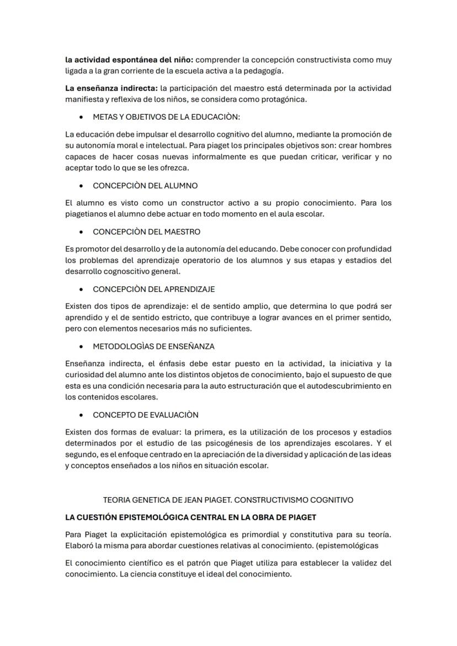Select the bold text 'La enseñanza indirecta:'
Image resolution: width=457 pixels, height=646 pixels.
[x=111, y=88]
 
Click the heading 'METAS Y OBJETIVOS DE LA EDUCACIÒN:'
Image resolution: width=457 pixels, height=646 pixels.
[x=166, y=117]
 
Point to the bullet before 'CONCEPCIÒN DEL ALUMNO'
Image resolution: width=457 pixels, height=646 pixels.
[x=82, y=186]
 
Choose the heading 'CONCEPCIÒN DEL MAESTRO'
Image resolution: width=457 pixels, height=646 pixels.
[x=146, y=232]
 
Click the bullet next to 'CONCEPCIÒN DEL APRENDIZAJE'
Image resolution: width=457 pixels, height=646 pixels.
[x=82, y=289]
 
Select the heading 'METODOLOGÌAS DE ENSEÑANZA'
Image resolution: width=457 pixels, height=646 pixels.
[x=153, y=346]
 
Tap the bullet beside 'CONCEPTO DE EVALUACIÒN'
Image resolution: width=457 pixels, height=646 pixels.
[x=82, y=415]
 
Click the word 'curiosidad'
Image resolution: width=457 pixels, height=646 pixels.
[x=86, y=375]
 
